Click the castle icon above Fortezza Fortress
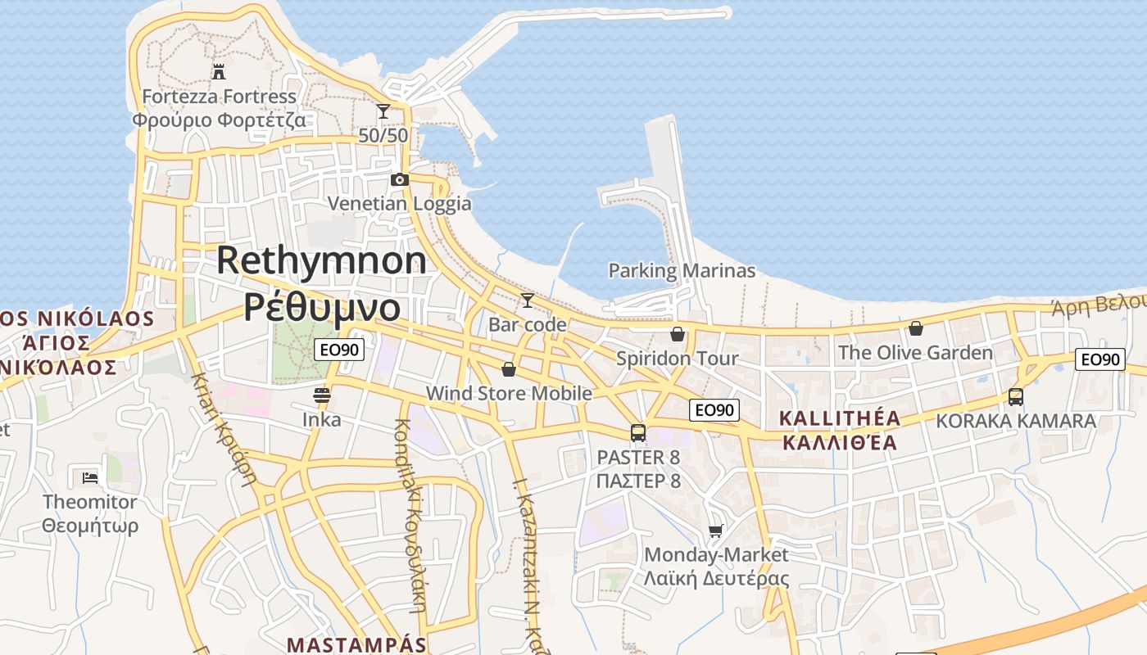(x=218, y=71)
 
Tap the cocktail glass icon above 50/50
(x=383, y=111)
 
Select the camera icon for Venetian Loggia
(x=399, y=179)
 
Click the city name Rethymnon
(x=321, y=260)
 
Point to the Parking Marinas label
(x=682, y=270)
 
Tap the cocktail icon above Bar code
(x=527, y=300)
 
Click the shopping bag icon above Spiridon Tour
(x=677, y=334)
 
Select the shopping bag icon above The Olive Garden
(x=915, y=328)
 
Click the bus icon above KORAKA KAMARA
(x=1015, y=397)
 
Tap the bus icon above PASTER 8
(x=637, y=432)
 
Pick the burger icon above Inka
(x=321, y=395)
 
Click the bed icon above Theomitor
(x=90, y=477)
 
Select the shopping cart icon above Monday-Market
(x=715, y=531)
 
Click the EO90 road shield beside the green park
(x=339, y=350)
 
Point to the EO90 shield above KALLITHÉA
(x=714, y=410)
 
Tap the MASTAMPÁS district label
(x=357, y=644)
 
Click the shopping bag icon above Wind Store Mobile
(x=508, y=369)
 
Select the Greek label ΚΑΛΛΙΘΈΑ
(x=840, y=443)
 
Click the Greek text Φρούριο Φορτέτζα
(x=219, y=120)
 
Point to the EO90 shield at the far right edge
(x=1099, y=359)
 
